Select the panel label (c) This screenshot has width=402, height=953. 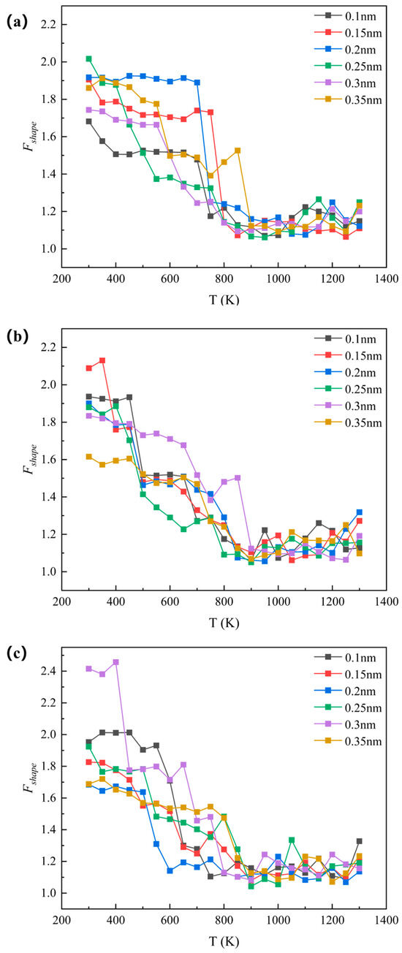(x=18, y=653)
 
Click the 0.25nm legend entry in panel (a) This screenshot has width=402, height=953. (x=348, y=67)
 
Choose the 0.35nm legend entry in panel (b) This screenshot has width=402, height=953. (x=348, y=422)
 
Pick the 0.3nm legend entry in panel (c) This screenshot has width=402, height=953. (x=345, y=725)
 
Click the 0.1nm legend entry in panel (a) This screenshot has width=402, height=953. (x=345, y=16)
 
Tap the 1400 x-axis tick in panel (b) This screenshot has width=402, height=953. (x=386, y=601)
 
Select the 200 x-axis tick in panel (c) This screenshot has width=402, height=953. (x=61, y=921)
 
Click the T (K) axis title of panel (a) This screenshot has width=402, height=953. (x=224, y=300)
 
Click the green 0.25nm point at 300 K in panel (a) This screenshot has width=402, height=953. (x=88, y=58)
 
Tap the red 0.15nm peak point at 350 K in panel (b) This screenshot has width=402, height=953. (x=102, y=361)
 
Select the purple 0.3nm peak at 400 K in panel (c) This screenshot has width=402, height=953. (x=115, y=662)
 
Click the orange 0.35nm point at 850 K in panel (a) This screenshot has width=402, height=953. (x=238, y=151)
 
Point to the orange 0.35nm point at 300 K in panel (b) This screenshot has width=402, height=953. (x=88, y=457)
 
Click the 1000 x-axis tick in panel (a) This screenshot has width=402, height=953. (x=278, y=278)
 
